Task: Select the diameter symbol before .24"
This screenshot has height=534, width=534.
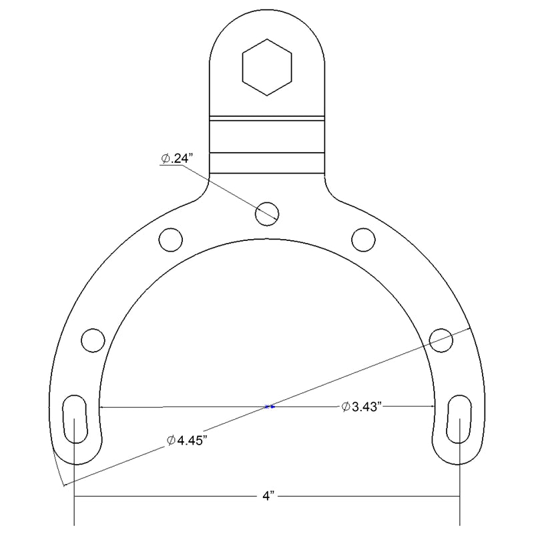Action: pos(165,159)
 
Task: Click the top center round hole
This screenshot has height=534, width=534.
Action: pos(268,213)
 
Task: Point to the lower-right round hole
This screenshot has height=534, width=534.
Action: pos(441,339)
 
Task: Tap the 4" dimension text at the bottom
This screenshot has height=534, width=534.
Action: pos(267,497)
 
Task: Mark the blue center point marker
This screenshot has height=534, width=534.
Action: pos(269,407)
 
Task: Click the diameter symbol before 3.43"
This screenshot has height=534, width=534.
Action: pos(345,407)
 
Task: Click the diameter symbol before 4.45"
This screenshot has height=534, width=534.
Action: pos(172,441)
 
